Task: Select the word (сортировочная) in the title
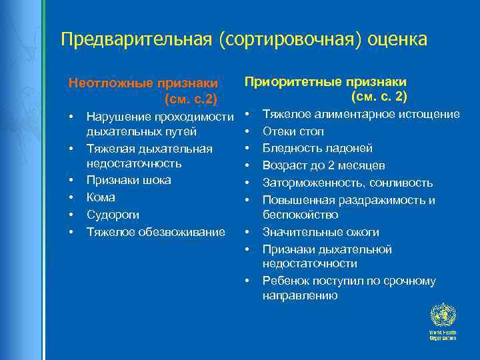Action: pos(290,40)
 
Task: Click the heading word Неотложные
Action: pos(110,83)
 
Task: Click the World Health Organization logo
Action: pos(442,321)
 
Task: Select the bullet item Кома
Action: pos(101,197)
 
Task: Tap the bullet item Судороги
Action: pos(112,215)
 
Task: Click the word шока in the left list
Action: pos(157,180)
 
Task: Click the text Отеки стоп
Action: pos(293,131)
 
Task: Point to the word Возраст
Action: pos(284,165)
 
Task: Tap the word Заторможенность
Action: pos(311,183)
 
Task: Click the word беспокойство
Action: pos(300,215)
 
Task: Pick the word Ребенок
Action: pos(285,281)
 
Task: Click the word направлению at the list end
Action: pos(300,295)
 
